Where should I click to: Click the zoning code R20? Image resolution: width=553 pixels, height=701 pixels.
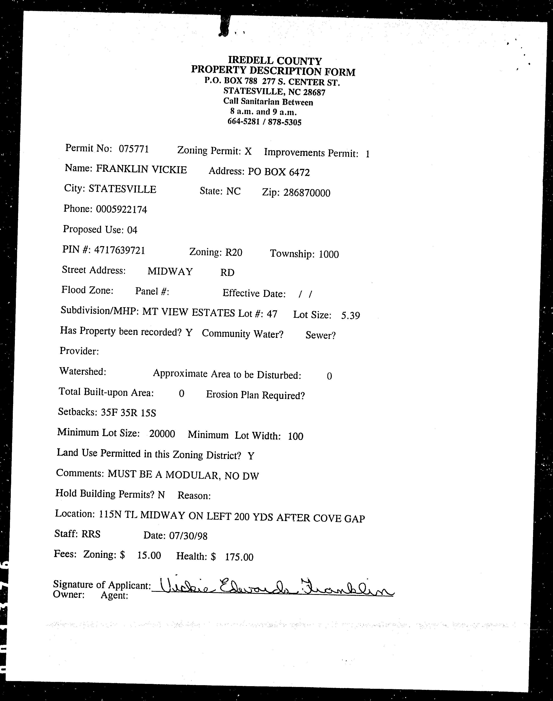pos(233,252)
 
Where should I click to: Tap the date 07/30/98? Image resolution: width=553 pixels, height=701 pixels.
pos(188,536)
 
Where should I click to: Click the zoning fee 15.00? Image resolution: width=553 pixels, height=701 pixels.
pos(149,555)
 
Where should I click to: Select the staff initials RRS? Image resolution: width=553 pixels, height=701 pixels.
pos(91,534)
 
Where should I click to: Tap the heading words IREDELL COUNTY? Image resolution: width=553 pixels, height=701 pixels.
pos(275,61)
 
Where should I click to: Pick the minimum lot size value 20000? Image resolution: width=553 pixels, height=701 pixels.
pos(162,434)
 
